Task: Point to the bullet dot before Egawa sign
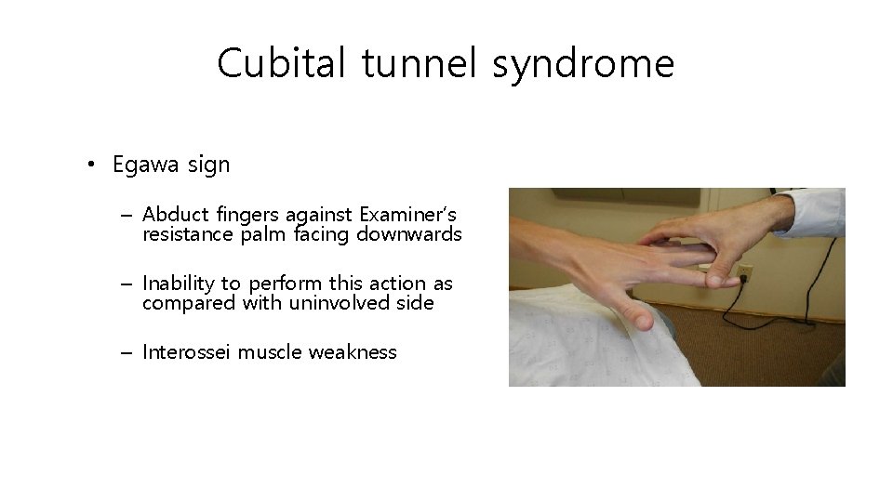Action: click(x=90, y=166)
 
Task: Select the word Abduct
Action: click(x=172, y=215)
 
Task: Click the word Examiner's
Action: click(x=407, y=215)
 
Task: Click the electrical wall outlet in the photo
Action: click(x=744, y=274)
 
